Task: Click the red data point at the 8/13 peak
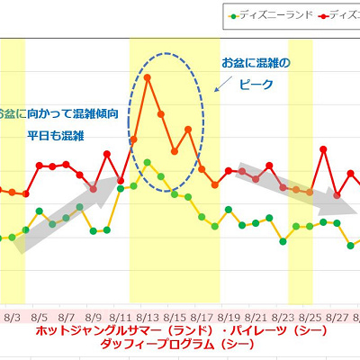tap(147, 77)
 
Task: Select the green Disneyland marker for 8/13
tap(147, 162)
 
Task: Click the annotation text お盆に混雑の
tap(256, 64)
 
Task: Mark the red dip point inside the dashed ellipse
tap(174, 151)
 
